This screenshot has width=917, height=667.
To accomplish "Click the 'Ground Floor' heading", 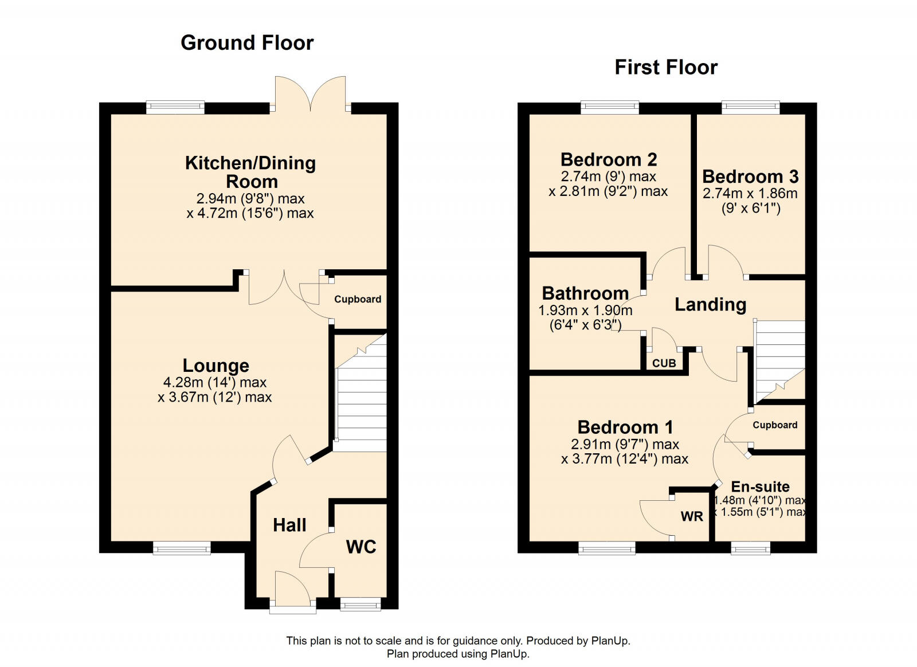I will pos(247,43).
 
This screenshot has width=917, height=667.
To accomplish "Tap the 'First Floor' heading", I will pos(665,68).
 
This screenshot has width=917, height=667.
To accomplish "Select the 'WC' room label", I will pos(361,547).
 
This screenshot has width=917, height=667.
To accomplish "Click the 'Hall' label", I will pos(289,525).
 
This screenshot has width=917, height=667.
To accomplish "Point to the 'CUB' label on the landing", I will pos(664,363).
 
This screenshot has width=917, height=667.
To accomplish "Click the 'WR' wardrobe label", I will pos(692,516).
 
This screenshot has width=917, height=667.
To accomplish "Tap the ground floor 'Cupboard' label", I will pos(358,299).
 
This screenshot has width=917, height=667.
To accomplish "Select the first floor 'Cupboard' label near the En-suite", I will pos(775,425).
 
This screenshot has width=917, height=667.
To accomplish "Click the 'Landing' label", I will pos(710,304).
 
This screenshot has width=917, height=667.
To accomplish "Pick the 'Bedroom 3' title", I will pos(750,176).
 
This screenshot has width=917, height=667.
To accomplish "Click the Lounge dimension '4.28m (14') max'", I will pos(215,382).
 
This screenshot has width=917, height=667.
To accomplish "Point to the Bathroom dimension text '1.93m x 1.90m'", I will pos(585,311).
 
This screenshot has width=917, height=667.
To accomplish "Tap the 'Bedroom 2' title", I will pos(609,159).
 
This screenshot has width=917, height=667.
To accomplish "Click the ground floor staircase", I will pos(361,401).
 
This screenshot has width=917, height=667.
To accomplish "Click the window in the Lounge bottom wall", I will pos(182,548).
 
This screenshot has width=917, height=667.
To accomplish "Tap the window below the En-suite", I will pos(750,548).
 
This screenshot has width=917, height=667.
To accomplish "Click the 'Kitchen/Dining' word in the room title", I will pos(250,163).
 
